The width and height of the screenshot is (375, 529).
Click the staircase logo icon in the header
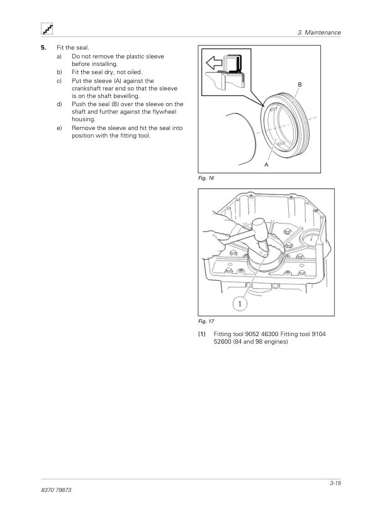coord(47,29)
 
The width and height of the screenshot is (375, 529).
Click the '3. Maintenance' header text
coord(319,33)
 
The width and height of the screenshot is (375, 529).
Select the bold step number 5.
coord(43,48)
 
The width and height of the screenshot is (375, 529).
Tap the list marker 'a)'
coord(59,57)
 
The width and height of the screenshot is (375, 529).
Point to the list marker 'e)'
coord(59,128)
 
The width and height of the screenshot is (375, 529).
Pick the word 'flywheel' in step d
coord(164,112)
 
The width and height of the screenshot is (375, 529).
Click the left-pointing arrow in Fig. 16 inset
coord(214,63)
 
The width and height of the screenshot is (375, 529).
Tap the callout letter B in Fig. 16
coord(299,85)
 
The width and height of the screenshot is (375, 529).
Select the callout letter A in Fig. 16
coord(266,165)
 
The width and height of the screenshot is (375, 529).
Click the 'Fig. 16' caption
coord(206,178)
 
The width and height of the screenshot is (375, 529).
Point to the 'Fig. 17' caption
coord(206,321)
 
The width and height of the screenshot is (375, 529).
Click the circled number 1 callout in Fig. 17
coord(240,303)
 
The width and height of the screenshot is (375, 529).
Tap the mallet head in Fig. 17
coord(260,231)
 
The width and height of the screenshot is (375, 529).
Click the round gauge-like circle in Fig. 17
coord(312,239)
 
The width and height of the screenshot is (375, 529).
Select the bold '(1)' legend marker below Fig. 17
coord(202,334)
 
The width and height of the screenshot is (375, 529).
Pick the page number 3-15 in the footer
coord(335,483)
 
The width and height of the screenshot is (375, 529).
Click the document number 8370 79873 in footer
coord(56,490)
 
